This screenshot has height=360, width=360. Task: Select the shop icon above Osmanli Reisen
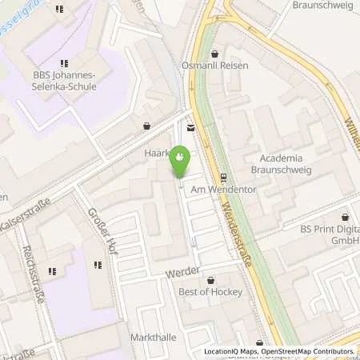coord(214,54)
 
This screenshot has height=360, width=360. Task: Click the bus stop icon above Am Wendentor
coord(223,177)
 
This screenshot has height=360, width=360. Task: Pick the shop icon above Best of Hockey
coord(211,280)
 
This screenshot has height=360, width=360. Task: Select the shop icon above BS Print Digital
coord(346,216)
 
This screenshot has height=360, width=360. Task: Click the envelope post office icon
coord(190,127)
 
